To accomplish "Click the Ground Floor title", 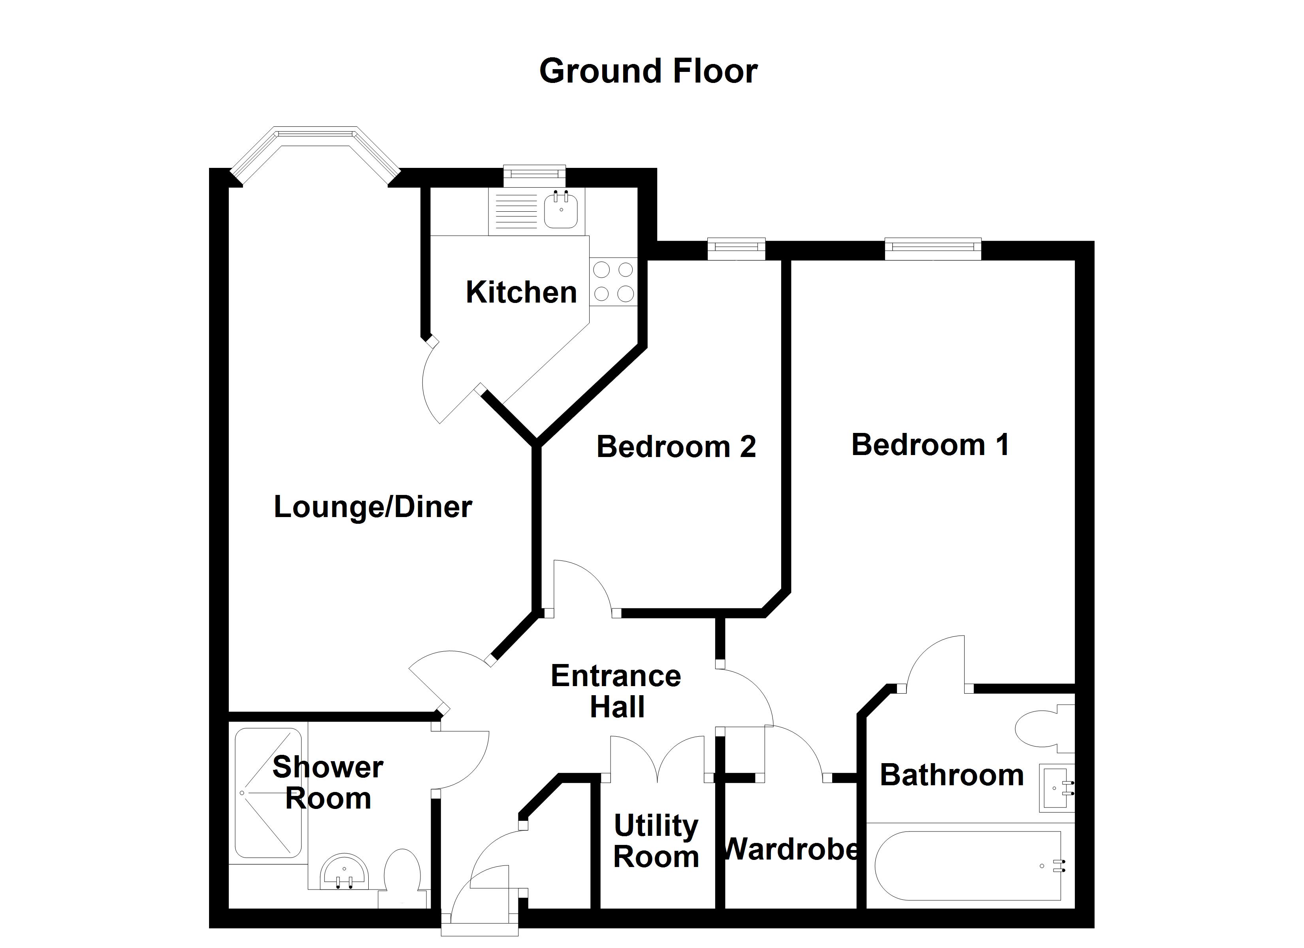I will (x=648, y=71).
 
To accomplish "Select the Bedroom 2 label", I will (x=676, y=447).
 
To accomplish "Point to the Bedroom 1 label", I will (x=930, y=445).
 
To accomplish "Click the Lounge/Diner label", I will (x=373, y=507).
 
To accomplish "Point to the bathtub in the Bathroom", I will (x=968, y=866).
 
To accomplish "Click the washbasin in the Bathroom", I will (x=1055, y=788).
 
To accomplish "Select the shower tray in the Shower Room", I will (x=268, y=793).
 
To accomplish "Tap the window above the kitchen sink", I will (x=534, y=174).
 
